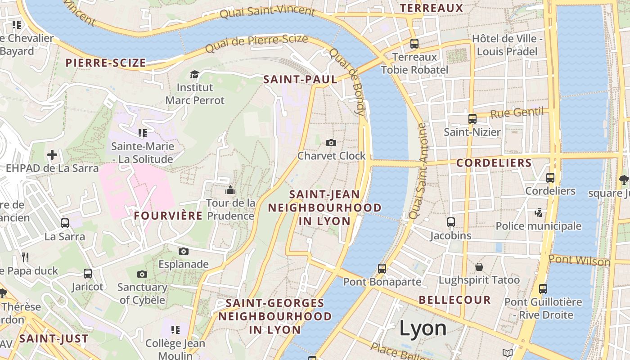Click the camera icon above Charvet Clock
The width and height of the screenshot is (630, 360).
coord(331,143)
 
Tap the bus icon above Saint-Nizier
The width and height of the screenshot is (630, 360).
coord(472,119)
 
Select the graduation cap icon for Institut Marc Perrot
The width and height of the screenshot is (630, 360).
coord(194,74)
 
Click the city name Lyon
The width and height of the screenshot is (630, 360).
coord(423,328)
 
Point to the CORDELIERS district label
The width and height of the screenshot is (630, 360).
coord(494,163)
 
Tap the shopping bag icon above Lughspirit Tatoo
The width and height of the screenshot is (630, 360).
coord(479,267)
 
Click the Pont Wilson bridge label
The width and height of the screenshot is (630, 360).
coord(580,260)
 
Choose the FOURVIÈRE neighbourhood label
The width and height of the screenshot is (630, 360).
coord(168,216)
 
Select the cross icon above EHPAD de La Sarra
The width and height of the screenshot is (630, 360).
coord(52,155)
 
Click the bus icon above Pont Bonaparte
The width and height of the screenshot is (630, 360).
coord(382,269)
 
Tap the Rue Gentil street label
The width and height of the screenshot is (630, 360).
coord(517,112)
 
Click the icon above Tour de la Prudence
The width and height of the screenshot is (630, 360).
coord(230,190)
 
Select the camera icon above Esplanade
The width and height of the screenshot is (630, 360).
coord(183,251)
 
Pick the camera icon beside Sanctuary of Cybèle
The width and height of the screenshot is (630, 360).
coord(142,274)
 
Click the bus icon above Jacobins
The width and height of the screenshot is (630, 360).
coord(451,222)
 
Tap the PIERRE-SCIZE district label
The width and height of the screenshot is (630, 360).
coord(106,63)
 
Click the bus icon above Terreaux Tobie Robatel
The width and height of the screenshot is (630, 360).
coord(414,44)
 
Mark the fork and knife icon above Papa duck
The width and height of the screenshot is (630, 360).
coord(25,257)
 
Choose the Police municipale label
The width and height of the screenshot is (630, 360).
coord(539,226)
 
